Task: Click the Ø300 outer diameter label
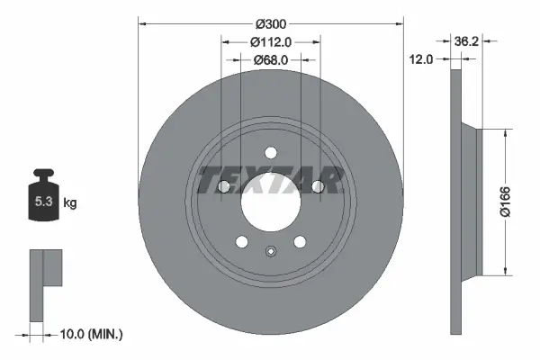270,20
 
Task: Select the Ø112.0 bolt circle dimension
269,40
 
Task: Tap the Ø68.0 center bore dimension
269,59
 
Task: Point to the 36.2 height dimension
465,40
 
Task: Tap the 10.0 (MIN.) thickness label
90,334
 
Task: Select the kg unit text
69,203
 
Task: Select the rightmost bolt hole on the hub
317,186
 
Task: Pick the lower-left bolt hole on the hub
240,241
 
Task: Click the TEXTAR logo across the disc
269,180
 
